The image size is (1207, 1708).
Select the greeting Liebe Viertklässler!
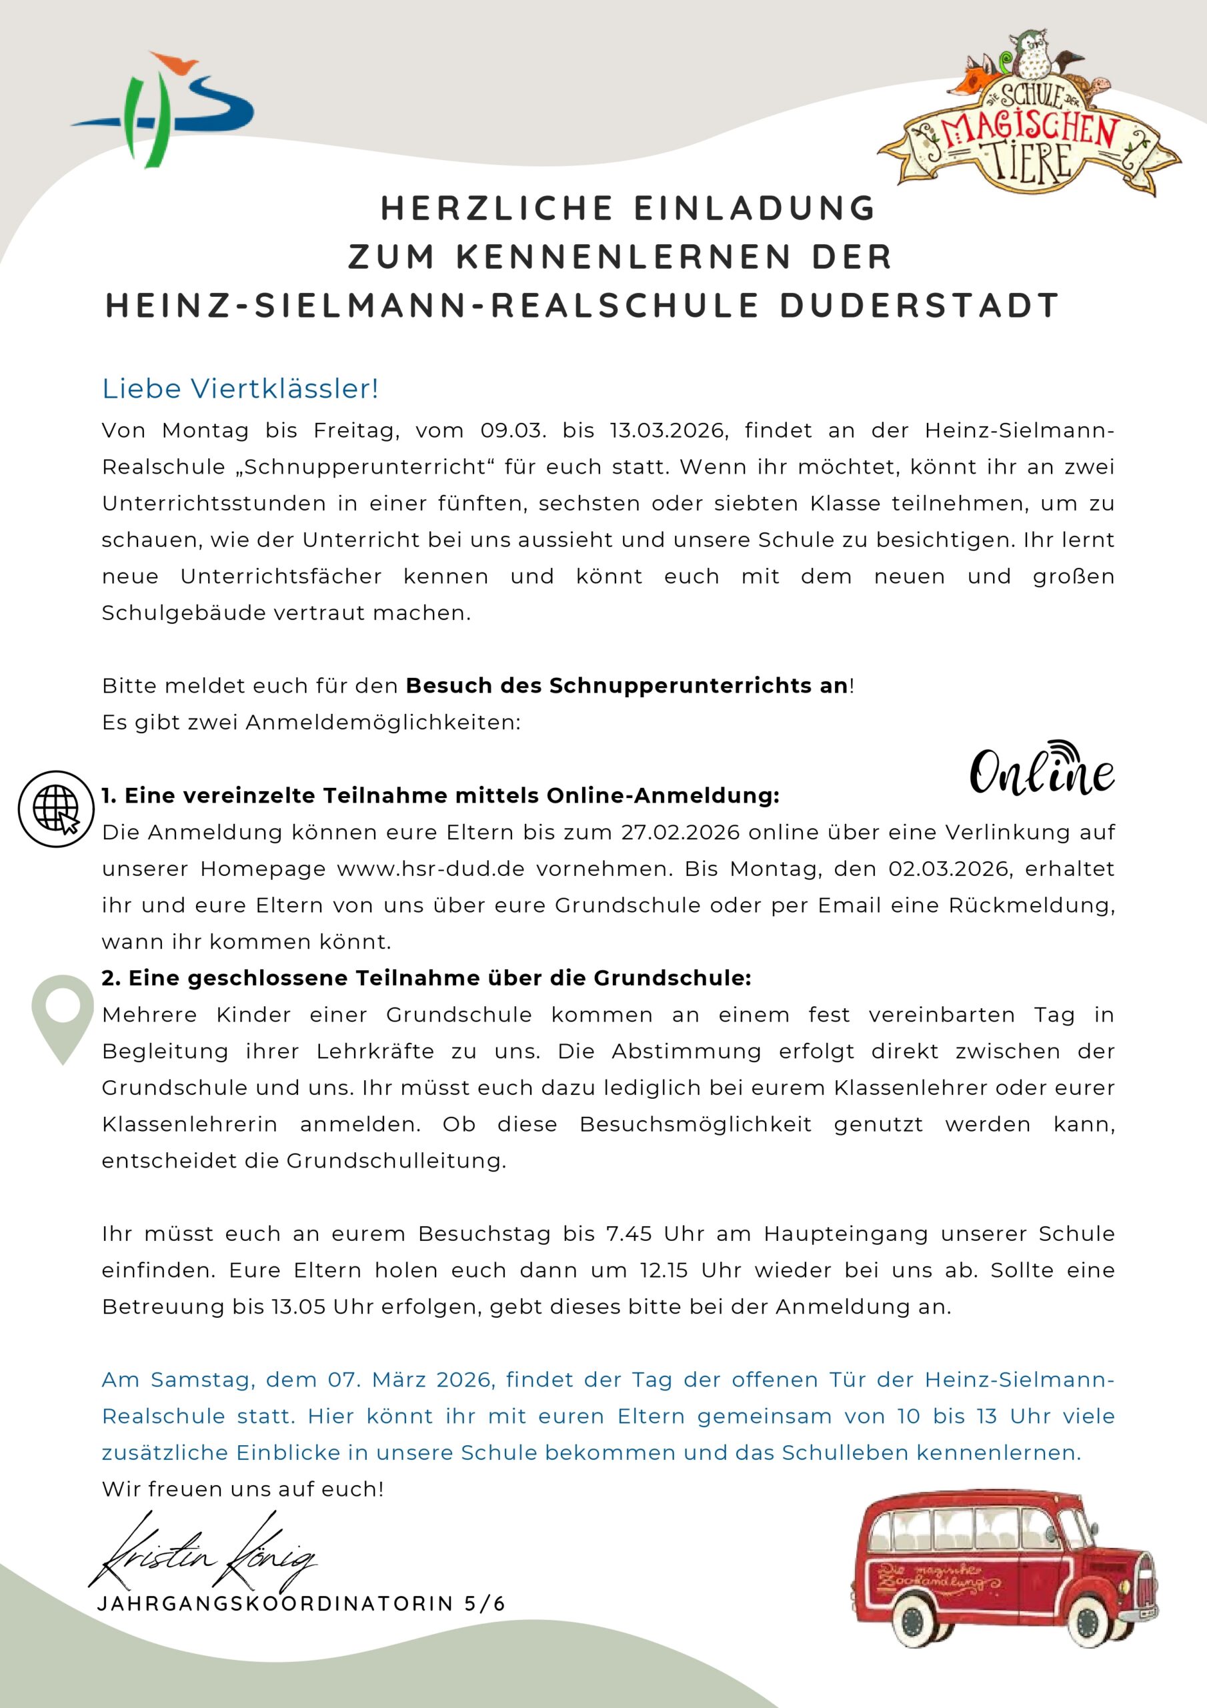(x=240, y=388)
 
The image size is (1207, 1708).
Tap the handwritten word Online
(x=1041, y=771)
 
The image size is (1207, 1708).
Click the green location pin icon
(x=63, y=1017)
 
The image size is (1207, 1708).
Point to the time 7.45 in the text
(x=629, y=1234)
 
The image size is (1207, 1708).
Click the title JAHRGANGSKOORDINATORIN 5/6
(x=301, y=1603)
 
